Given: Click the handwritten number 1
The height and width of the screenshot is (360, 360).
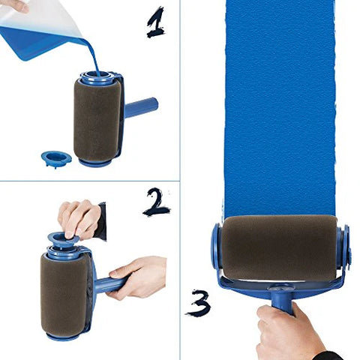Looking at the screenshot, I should click(x=157, y=22).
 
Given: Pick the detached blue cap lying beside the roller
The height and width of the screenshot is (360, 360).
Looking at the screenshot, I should click(x=56, y=158).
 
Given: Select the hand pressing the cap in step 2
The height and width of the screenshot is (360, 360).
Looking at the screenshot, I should click(x=79, y=217).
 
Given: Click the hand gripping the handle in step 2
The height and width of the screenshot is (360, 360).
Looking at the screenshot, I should click(x=139, y=276).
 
